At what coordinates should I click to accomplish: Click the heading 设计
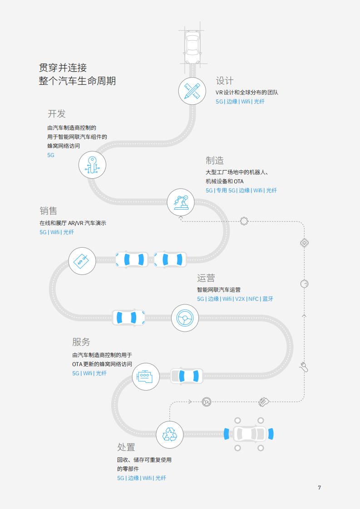pyautogui.click(x=225, y=80)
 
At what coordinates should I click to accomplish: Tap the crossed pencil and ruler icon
pyautogui.click(x=192, y=91)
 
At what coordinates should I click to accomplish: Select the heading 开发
pyautogui.click(x=57, y=113)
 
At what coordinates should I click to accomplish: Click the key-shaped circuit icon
pyautogui.click(x=92, y=165)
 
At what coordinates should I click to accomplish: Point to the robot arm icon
pyautogui.click(x=181, y=202)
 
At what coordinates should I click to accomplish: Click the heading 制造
pyautogui.click(x=214, y=160)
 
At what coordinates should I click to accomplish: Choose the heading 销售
pyautogui.click(x=49, y=211)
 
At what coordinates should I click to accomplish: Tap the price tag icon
pyautogui.click(x=82, y=261)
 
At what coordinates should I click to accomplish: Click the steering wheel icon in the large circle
pyautogui.click(x=185, y=318)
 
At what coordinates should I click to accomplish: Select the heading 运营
pyautogui.click(x=206, y=278)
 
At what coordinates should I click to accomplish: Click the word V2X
pyautogui.click(x=240, y=299)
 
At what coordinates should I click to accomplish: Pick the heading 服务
pyautogui.click(x=81, y=342)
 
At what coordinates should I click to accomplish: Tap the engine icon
pyautogui.click(x=145, y=377)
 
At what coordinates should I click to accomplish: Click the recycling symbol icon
pyautogui.click(x=170, y=435)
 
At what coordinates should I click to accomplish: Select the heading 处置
pyautogui.click(x=126, y=447)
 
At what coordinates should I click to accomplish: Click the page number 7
pyautogui.click(x=320, y=488)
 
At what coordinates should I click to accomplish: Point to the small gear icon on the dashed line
pyautogui.click(x=244, y=221)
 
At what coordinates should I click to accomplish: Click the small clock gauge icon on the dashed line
pyautogui.click(x=304, y=284)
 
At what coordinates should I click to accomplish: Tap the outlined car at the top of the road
pyautogui.click(x=192, y=47)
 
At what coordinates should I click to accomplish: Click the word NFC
pyautogui.click(x=253, y=299)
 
